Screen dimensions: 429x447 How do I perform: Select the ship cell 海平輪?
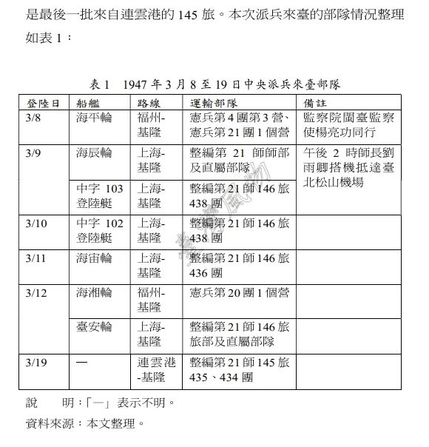(94, 118)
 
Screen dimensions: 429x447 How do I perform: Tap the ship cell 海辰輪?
(94, 153)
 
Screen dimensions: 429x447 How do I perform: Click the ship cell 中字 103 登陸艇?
(100, 196)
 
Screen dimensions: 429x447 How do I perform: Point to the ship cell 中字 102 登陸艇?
(100, 231)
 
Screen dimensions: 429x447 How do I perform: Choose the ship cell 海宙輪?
(94, 258)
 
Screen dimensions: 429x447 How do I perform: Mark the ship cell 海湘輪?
(94, 294)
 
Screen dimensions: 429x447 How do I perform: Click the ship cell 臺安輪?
(94, 328)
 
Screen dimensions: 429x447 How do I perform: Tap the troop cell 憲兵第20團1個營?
(240, 294)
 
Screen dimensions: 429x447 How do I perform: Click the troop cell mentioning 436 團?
(240, 266)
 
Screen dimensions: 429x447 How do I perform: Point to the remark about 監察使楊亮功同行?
(340, 125)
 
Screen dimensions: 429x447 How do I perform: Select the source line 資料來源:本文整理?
(82, 424)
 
